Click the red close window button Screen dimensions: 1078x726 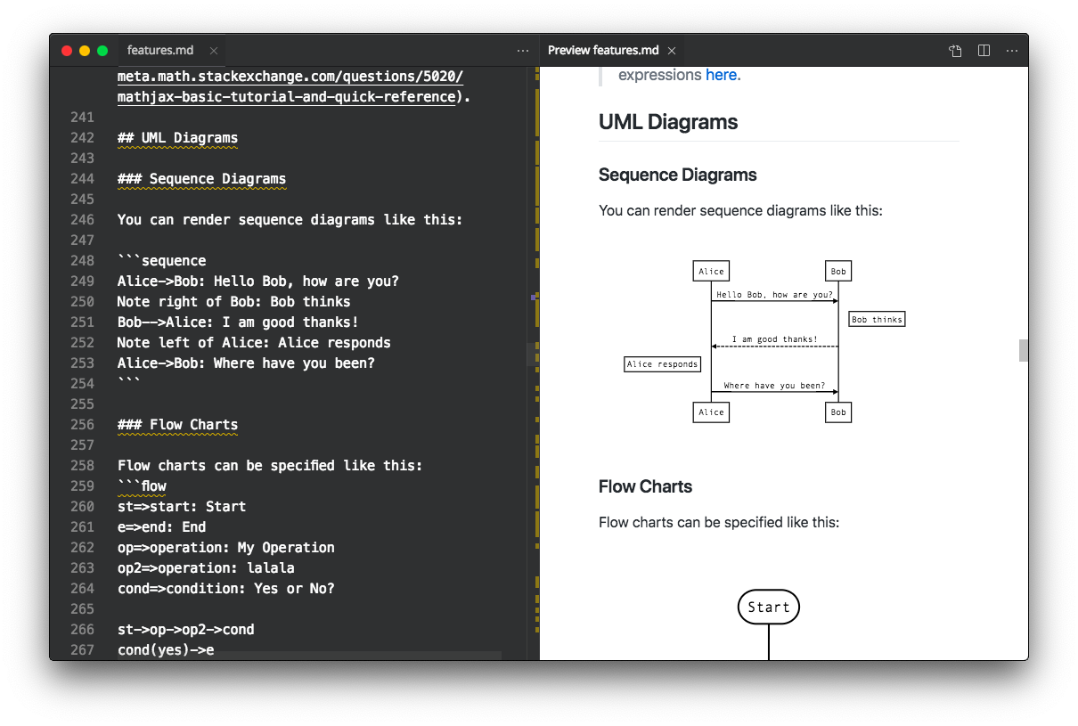coord(67,51)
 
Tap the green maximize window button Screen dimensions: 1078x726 coord(102,51)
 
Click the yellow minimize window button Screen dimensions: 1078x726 coord(85,51)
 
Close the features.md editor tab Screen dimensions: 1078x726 coord(214,51)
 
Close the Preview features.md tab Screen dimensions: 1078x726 coord(672,51)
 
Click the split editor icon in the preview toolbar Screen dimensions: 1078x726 coord(984,51)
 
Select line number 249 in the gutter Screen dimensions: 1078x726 coord(82,281)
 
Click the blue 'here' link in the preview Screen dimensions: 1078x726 coord(721,75)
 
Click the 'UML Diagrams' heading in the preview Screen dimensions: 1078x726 coord(668,122)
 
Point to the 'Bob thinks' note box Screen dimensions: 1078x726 coord(877,319)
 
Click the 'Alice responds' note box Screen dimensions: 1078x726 coord(662,364)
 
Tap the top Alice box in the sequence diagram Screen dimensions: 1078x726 coord(711,271)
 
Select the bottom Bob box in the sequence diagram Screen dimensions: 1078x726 coord(837,412)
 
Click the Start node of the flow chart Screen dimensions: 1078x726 coord(769,607)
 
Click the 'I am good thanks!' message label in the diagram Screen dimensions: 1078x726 coord(775,339)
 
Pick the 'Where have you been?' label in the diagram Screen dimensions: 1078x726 coord(774,386)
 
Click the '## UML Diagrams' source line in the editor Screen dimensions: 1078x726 coord(177,138)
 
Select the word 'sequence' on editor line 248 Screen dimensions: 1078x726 coord(174,261)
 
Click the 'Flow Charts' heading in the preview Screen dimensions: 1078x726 coord(645,486)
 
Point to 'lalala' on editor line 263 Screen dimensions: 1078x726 coord(271,568)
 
